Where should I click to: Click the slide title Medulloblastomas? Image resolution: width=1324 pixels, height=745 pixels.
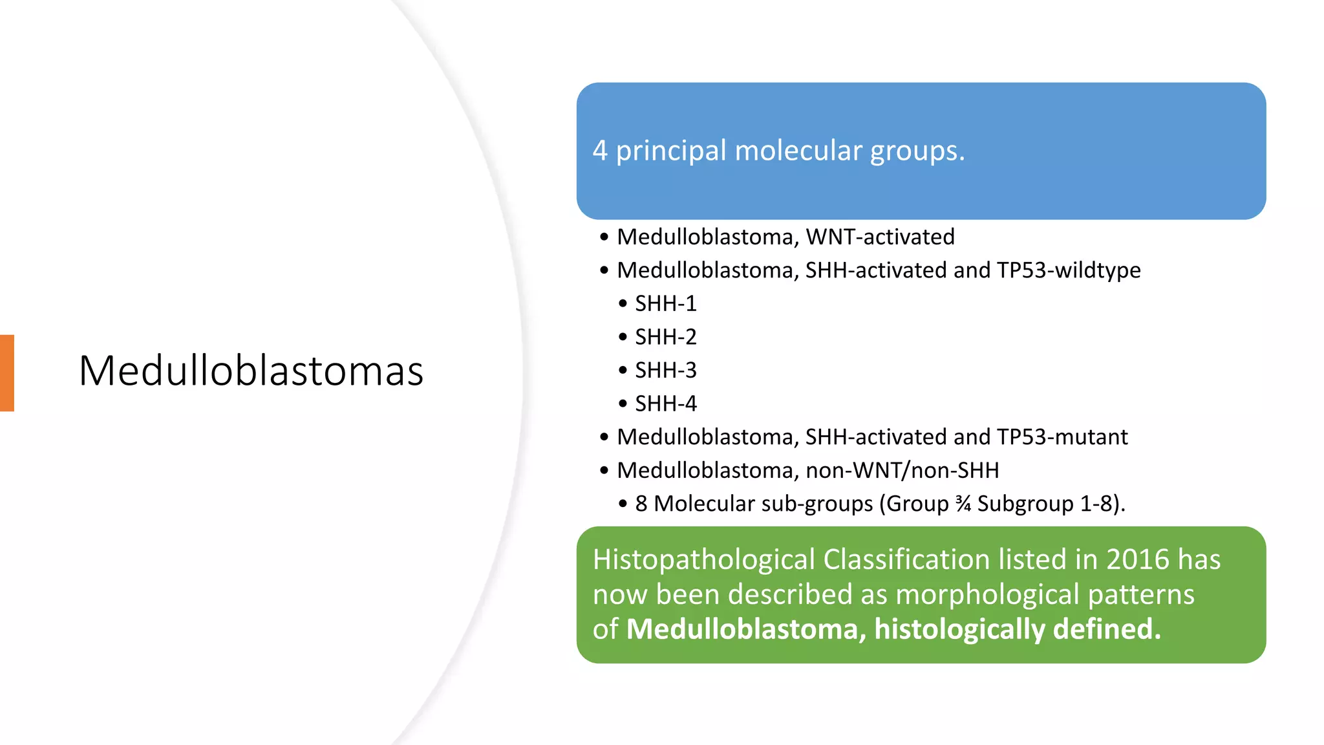(x=251, y=371)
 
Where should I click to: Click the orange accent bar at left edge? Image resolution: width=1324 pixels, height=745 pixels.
(x=7, y=373)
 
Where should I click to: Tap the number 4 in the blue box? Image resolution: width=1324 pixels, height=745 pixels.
(x=600, y=151)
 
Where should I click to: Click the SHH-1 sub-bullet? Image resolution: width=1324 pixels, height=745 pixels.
(x=665, y=304)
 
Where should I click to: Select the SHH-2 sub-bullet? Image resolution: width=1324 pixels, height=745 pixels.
(x=665, y=338)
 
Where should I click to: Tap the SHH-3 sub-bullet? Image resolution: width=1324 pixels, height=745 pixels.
(x=665, y=371)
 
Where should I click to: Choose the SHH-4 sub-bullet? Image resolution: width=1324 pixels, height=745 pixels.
(x=665, y=404)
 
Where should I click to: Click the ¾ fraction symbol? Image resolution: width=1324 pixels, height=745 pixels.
(x=963, y=504)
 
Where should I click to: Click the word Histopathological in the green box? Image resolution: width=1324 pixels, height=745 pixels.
(x=703, y=560)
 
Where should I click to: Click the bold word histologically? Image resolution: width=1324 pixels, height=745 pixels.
(x=959, y=630)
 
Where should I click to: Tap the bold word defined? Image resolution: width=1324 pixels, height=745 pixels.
(x=1107, y=630)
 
